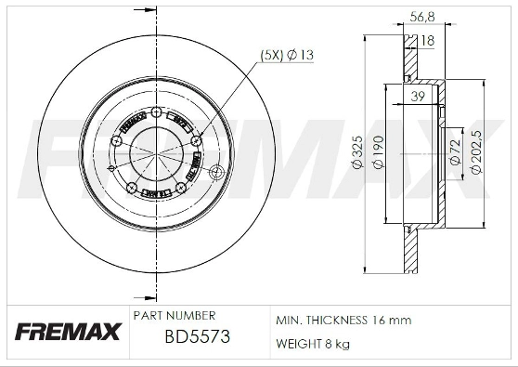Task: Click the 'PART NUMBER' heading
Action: point(175,316)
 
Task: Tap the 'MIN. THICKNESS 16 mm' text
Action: point(343,321)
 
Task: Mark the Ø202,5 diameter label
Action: point(476,153)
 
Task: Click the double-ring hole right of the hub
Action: point(217,172)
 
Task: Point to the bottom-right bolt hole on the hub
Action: point(181,190)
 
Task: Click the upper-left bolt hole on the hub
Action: point(115,140)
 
